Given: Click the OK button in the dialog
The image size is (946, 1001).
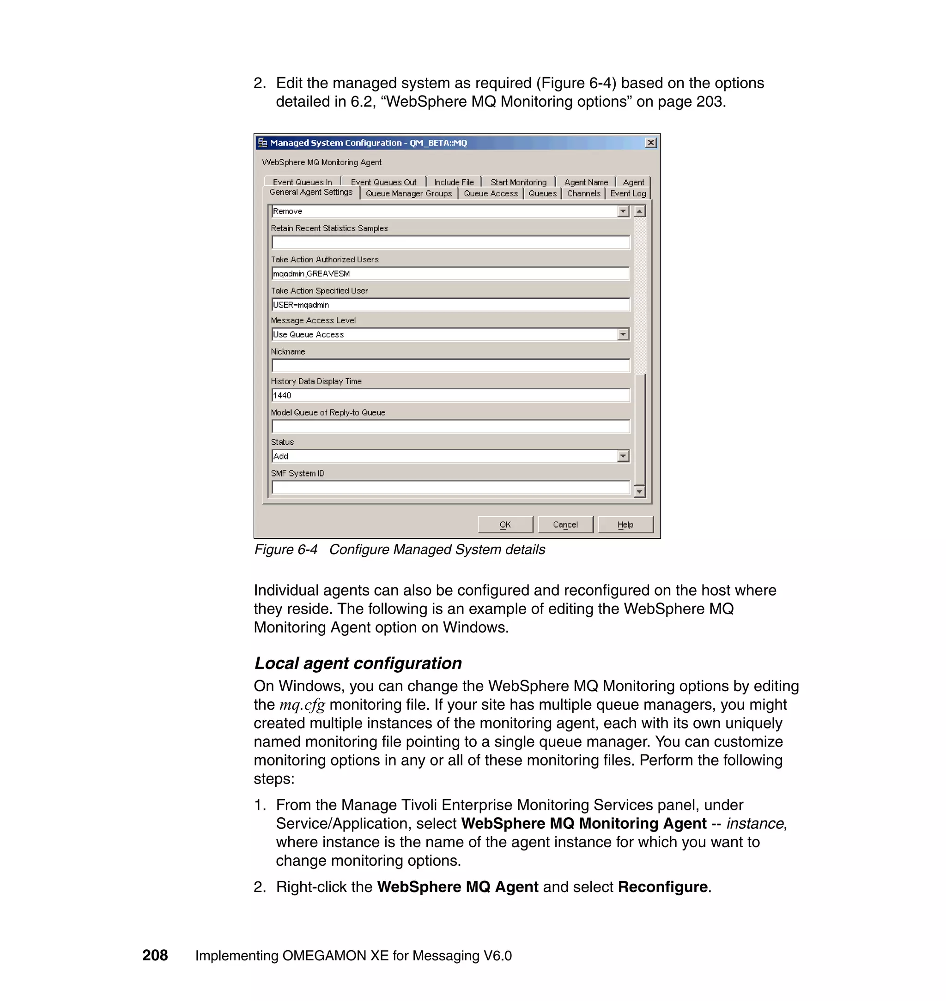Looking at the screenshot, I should [505, 524].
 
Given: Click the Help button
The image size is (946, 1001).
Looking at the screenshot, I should [625, 524].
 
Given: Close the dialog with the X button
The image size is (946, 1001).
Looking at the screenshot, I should [650, 143].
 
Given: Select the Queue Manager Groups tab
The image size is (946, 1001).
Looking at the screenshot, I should [408, 193].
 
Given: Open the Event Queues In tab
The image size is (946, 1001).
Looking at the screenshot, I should [302, 182].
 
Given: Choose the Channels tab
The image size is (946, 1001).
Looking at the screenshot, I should [583, 193].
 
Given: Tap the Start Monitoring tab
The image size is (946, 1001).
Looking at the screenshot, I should [518, 182].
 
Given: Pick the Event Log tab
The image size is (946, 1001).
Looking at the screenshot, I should [628, 193].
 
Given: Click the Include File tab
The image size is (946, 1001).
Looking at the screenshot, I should [453, 182].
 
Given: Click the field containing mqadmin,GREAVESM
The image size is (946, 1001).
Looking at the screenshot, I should [450, 274].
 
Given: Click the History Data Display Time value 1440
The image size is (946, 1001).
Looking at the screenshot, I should [450, 395].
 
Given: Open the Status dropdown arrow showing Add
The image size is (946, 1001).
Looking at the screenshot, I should [623, 456].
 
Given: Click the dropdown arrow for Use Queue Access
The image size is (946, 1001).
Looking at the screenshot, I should [623, 334].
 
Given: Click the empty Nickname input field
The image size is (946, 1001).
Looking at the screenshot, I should [450, 365].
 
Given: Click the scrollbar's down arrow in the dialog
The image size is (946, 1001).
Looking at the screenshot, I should [639, 491].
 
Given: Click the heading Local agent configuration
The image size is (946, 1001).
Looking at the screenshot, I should [358, 663].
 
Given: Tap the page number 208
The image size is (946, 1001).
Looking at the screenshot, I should [155, 955].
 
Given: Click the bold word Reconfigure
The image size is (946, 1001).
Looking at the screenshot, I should [662, 886].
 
